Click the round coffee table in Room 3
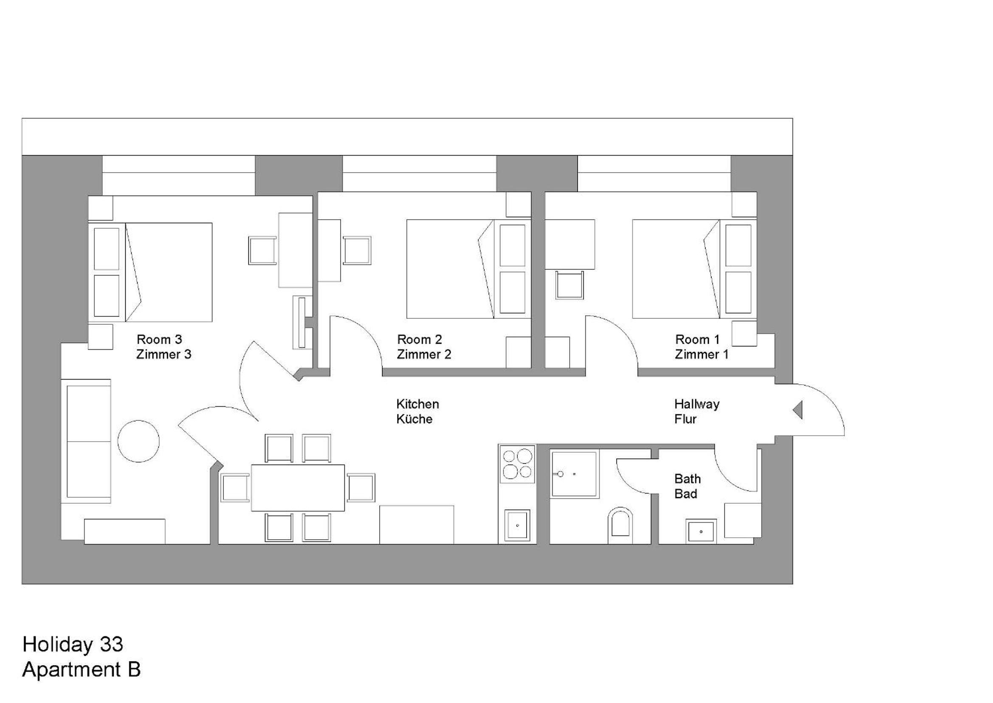(138, 441)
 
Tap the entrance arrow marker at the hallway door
(798, 409)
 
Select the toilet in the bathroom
(620, 525)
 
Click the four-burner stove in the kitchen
(517, 464)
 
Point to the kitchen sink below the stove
(517, 525)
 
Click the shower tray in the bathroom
(575, 474)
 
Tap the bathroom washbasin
(701, 531)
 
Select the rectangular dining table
(298, 488)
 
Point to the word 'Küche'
(415, 419)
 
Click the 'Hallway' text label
(697, 404)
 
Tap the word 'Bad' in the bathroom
(686, 494)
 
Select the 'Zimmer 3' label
(164, 354)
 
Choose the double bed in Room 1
(694, 269)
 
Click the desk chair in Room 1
(570, 285)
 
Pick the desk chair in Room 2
(357, 250)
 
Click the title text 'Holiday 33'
(73, 645)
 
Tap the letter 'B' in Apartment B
(134, 669)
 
